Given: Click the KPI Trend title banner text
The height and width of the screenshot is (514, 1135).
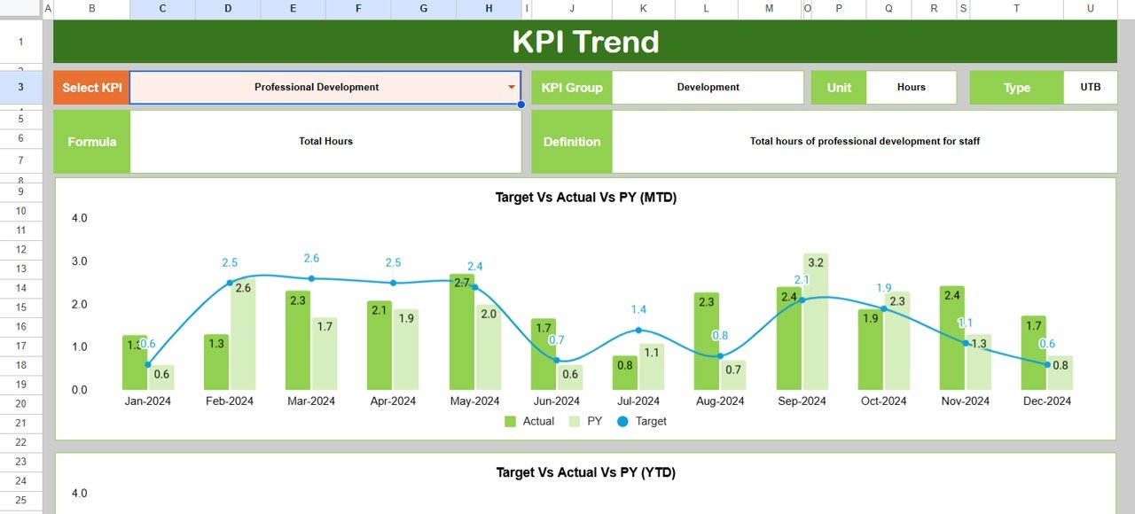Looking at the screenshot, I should click(x=585, y=42).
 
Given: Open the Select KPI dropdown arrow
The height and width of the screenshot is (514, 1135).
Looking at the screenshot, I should click(x=512, y=87).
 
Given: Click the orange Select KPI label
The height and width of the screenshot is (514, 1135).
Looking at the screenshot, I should click(x=92, y=88).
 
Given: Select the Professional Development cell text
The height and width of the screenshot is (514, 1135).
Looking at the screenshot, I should click(x=317, y=88).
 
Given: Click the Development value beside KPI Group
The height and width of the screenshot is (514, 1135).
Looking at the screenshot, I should click(x=708, y=88).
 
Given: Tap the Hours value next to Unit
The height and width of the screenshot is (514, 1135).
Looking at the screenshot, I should click(x=911, y=88).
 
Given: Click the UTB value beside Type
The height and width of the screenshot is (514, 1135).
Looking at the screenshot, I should click(x=1090, y=88).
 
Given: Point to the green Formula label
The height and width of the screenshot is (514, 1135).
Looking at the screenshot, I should click(x=92, y=142).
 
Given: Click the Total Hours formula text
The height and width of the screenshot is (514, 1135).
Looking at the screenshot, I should click(x=325, y=142).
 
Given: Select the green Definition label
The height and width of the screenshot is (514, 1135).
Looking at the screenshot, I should click(x=572, y=142).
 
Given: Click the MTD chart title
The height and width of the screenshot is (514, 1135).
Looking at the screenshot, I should click(x=585, y=198).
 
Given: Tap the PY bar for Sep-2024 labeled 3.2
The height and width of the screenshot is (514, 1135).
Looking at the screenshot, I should click(x=816, y=323).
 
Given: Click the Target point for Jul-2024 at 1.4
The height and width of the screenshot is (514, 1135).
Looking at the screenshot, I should click(x=638, y=330).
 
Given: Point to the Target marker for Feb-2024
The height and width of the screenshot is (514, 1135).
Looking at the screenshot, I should click(x=230, y=283).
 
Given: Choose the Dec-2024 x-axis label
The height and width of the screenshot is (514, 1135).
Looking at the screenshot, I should click(x=1046, y=401).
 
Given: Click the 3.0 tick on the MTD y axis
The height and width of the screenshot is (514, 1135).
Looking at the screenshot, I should click(x=79, y=261).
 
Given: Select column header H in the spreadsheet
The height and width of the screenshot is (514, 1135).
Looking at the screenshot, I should click(x=489, y=9).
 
